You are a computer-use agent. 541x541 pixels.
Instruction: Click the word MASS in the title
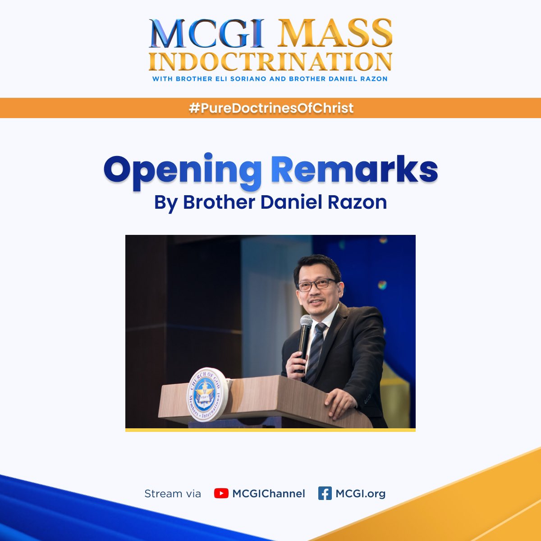tap(334, 33)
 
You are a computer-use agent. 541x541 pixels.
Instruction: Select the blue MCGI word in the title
tap(206, 33)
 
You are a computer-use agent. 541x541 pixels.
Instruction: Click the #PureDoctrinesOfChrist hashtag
tap(270, 108)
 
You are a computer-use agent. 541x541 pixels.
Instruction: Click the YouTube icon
tap(221, 494)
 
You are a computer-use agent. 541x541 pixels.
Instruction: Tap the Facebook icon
tap(325, 494)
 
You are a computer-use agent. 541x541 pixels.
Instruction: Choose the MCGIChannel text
tap(269, 494)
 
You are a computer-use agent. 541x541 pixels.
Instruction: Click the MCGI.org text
tap(361, 494)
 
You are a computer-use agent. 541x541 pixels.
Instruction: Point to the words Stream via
tap(173, 494)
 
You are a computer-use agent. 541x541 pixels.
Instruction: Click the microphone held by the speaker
tap(305, 329)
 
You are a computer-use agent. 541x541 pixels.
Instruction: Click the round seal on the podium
tap(208, 394)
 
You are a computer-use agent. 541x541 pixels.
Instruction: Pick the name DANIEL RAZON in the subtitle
tap(361, 79)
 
